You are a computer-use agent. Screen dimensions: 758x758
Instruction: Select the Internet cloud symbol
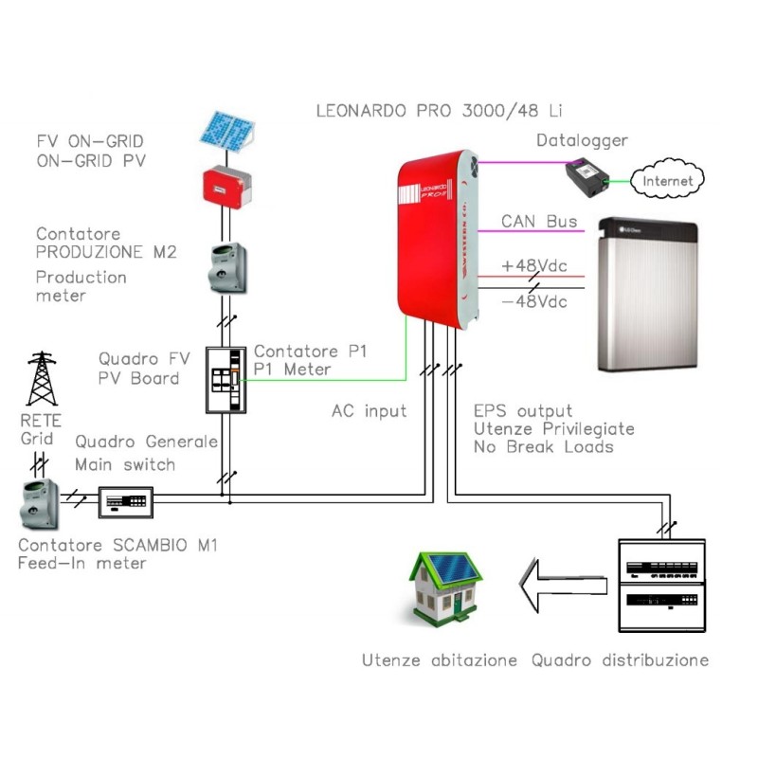click(x=667, y=180)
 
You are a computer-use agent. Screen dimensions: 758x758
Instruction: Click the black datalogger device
click(x=584, y=178)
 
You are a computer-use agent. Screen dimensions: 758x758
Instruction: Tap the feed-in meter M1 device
click(x=38, y=502)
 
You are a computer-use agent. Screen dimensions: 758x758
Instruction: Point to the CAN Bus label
click(x=539, y=223)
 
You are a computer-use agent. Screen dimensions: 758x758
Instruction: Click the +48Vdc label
click(x=534, y=265)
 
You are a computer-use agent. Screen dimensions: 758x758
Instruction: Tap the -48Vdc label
click(x=534, y=301)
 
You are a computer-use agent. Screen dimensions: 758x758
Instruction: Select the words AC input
click(x=369, y=411)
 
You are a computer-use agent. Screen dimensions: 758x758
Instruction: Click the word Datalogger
click(x=582, y=140)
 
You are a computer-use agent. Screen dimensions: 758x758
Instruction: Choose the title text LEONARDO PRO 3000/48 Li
click(x=442, y=110)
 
